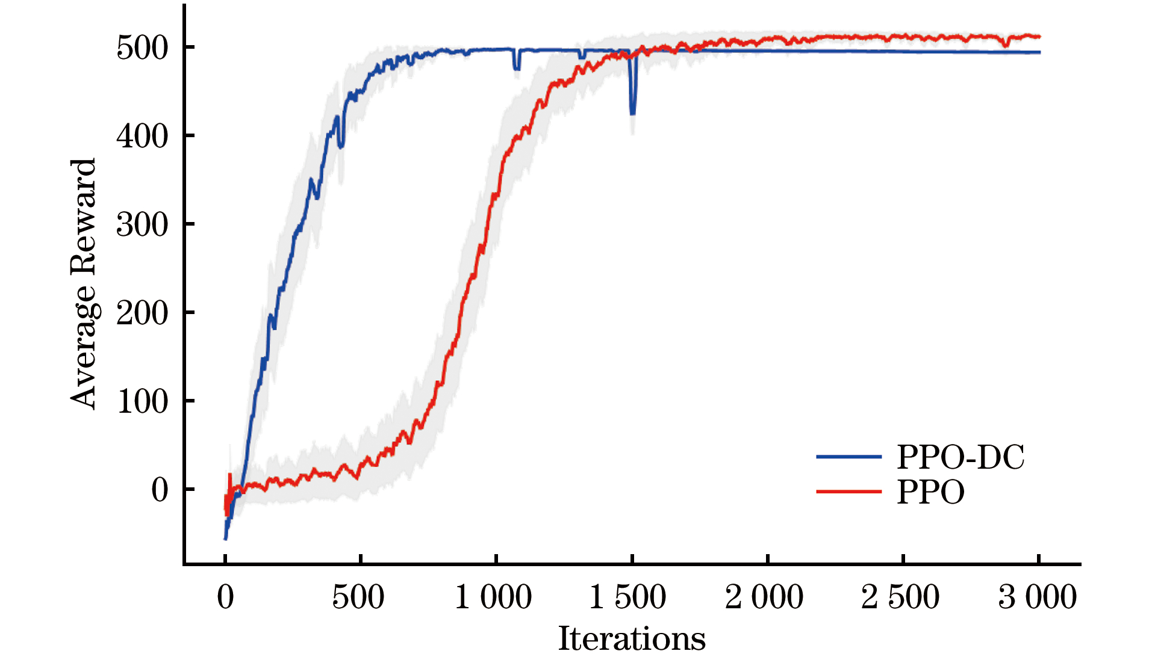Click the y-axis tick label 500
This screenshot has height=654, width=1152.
[x=142, y=48]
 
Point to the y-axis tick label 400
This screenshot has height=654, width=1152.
[x=142, y=137]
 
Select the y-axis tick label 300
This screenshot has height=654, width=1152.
[x=142, y=225]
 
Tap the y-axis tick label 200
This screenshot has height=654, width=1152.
[x=142, y=313]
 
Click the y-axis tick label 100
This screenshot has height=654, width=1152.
[x=142, y=402]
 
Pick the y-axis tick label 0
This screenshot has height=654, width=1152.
[x=160, y=490]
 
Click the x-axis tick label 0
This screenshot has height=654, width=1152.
[x=225, y=597]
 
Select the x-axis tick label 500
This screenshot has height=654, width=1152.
[x=358, y=597]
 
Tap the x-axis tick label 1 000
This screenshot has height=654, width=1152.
[x=493, y=597]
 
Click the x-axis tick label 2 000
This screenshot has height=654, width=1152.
[x=764, y=597]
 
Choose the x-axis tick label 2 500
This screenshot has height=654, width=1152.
[x=900, y=597]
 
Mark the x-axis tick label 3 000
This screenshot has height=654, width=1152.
[x=1038, y=597]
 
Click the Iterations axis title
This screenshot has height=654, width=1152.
[x=632, y=638]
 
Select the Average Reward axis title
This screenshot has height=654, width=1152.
[x=84, y=283]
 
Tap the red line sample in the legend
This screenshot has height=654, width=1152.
[x=848, y=492]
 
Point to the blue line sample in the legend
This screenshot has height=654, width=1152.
[x=848, y=457]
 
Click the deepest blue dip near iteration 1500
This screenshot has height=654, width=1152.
[x=632, y=112]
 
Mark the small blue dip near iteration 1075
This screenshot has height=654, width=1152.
[x=517, y=68]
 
